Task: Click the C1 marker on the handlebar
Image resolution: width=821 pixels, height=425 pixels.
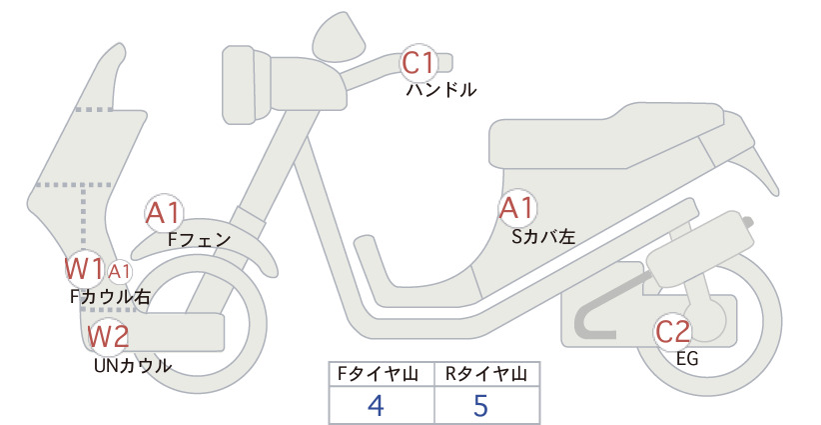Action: pyautogui.click(x=418, y=62)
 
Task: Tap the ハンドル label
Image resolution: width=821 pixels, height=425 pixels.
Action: pyautogui.click(x=441, y=90)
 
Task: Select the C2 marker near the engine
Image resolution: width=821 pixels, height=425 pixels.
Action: pyautogui.click(x=673, y=332)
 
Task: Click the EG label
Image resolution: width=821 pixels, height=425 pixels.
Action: pyautogui.click(x=687, y=359)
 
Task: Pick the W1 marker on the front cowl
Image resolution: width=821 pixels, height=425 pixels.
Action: pyautogui.click(x=84, y=269)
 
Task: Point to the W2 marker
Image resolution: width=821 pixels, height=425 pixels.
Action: pyautogui.click(x=108, y=336)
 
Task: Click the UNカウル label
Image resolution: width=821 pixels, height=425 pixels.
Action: pyautogui.click(x=133, y=365)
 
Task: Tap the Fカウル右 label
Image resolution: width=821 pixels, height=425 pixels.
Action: pyautogui.click(x=111, y=297)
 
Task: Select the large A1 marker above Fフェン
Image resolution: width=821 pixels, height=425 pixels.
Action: pyautogui.click(x=164, y=213)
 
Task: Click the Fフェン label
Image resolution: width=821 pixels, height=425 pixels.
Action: pyautogui.click(x=199, y=240)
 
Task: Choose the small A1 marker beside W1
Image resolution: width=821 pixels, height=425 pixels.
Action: pyautogui.click(x=120, y=272)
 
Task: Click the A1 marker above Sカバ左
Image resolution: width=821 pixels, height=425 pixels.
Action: pyautogui.click(x=517, y=208)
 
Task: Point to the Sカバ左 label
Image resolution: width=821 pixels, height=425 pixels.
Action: pyautogui.click(x=543, y=237)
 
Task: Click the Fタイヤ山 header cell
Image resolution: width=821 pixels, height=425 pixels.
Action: pyautogui.click(x=382, y=374)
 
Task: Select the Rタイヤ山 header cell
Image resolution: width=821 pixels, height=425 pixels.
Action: pyautogui.click(x=487, y=374)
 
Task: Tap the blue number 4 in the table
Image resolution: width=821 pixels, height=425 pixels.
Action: pyautogui.click(x=376, y=406)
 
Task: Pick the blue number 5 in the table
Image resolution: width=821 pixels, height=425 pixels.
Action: pyautogui.click(x=480, y=406)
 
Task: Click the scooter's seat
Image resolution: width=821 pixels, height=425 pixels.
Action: pyautogui.click(x=607, y=136)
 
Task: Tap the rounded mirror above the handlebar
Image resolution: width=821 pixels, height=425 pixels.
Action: pyautogui.click(x=339, y=38)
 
